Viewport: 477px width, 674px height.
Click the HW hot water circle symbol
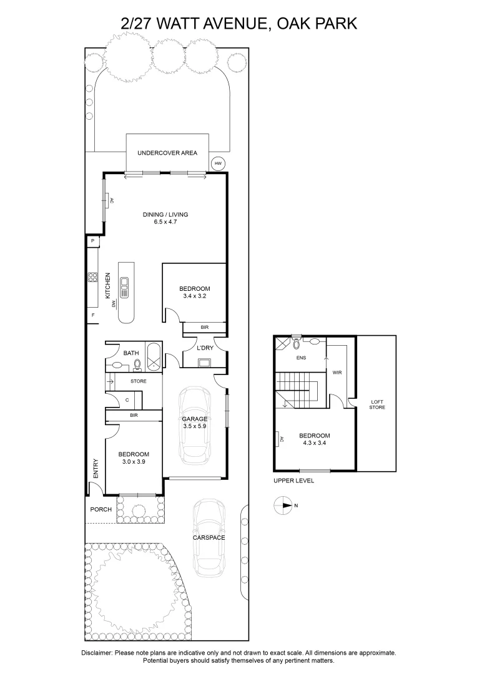click(218, 164)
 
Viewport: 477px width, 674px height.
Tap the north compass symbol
click(283, 506)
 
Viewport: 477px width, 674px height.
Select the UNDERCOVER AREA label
click(167, 152)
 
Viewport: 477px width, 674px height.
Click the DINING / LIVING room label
click(165, 215)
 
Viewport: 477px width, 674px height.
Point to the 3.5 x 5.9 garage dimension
click(194, 426)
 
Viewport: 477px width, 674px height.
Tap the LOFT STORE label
click(377, 404)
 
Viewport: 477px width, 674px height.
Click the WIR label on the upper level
click(338, 373)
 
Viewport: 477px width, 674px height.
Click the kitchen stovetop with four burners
click(92, 277)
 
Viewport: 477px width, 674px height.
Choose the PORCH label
click(101, 509)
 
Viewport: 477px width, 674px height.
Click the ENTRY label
click(96, 470)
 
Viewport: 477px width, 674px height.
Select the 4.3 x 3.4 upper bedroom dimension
click(314, 444)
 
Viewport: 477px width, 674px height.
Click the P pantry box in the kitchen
click(92, 240)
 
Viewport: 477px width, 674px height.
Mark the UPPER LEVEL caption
click(293, 481)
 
